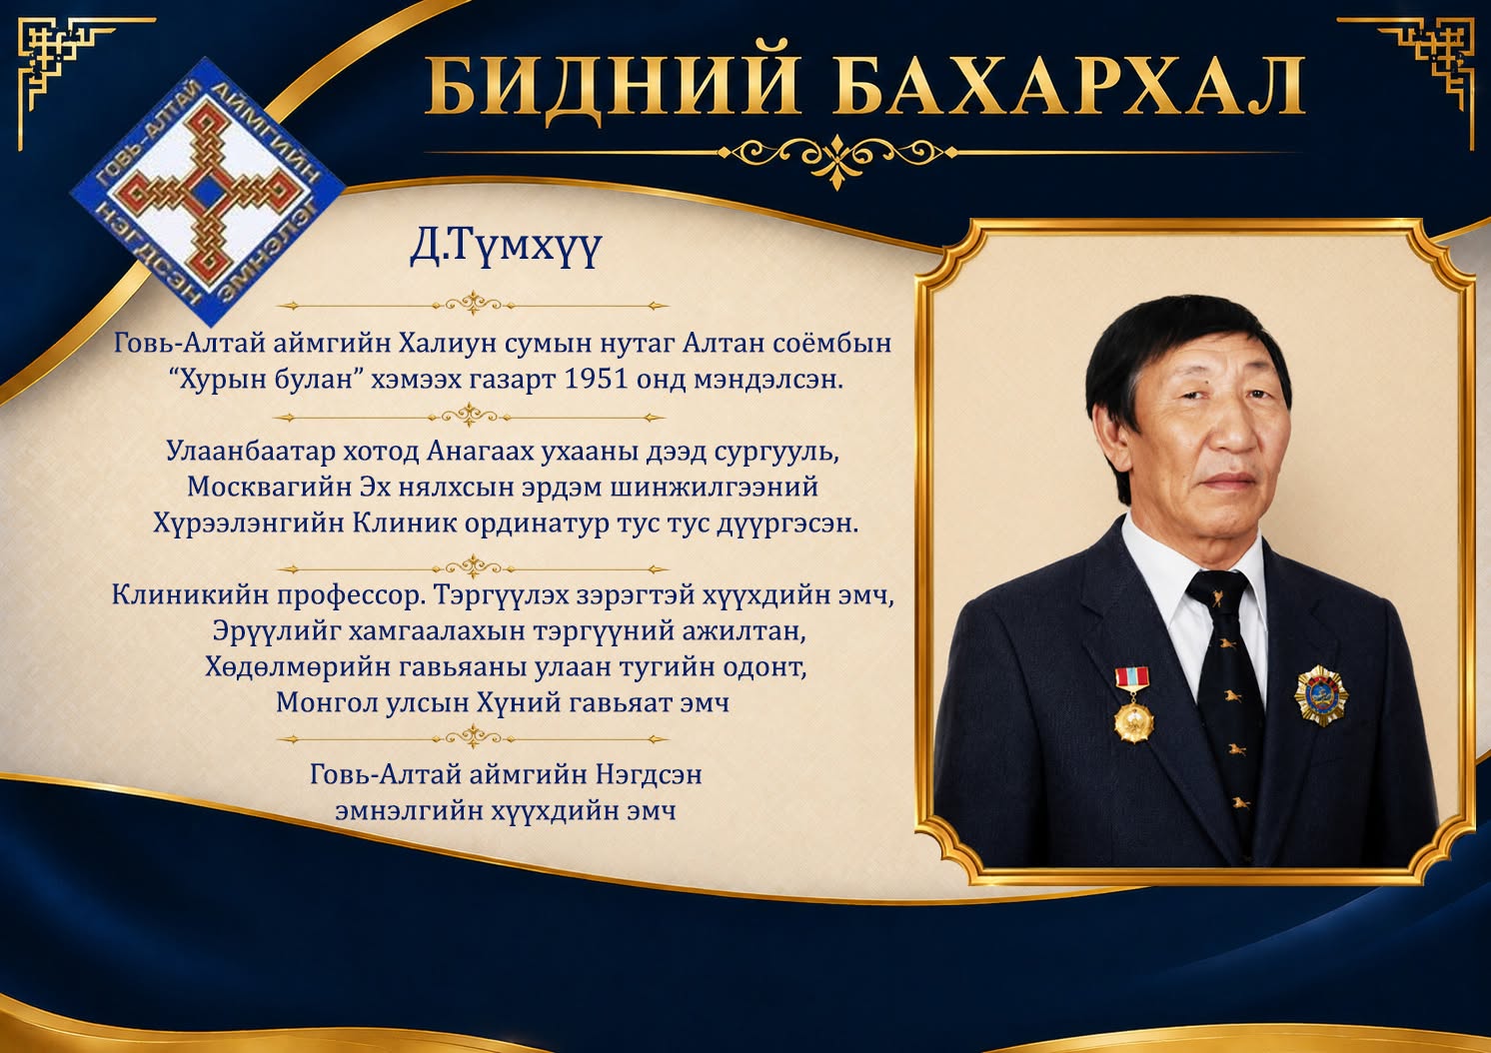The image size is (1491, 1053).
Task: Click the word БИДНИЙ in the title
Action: [613, 87]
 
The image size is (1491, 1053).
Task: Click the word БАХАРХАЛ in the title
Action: [1069, 87]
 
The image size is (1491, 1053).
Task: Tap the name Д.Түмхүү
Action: [506, 248]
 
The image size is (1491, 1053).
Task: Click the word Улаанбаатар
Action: [251, 452]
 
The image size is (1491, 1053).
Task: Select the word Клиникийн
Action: [190, 594]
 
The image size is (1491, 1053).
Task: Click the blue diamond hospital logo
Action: [207, 192]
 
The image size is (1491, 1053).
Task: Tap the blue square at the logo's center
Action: [207, 192]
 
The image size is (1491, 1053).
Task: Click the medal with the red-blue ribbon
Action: [1133, 705]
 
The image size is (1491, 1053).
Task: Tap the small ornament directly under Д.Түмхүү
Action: [472, 305]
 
